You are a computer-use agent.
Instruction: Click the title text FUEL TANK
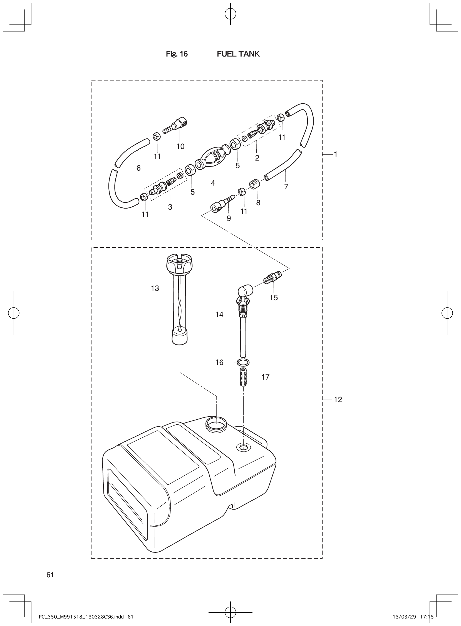[x=238, y=54]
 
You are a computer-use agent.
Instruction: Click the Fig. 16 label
[x=177, y=54]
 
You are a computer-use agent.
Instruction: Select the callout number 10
[x=180, y=146]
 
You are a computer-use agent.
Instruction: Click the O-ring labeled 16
[x=243, y=363]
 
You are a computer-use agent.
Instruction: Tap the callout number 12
[x=338, y=400]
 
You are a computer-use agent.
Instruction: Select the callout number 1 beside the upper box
[x=336, y=154]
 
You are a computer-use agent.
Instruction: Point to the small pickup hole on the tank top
[x=243, y=448]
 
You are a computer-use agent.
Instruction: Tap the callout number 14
[x=219, y=315]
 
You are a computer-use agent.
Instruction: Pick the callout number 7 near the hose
[x=286, y=187]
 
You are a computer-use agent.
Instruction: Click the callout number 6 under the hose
[x=138, y=168]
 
